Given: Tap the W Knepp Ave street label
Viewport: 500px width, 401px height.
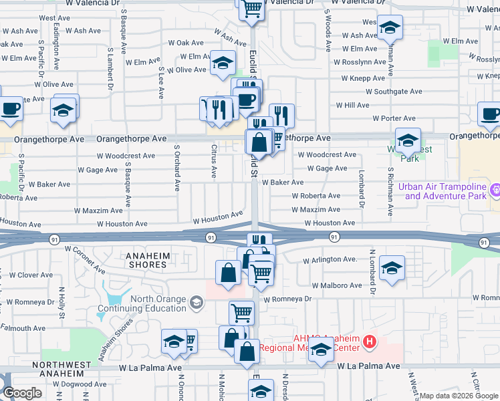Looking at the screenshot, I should (362, 78).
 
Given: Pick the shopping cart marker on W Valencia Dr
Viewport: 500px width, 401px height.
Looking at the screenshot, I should (251, 9).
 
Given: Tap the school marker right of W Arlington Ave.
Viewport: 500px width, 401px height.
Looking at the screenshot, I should (392, 268).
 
